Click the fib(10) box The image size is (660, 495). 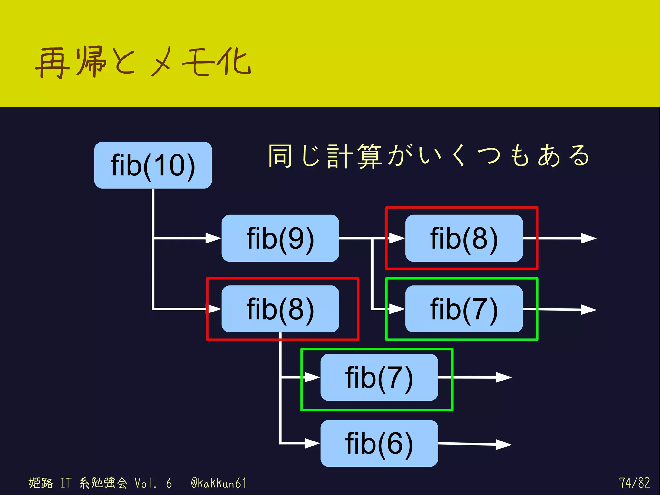point(153,165)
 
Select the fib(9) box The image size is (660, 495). point(280,238)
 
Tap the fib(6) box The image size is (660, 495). point(379,443)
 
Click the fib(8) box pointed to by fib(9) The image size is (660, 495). point(464,238)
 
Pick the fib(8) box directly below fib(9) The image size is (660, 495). point(280,309)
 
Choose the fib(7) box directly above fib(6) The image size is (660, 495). point(379,377)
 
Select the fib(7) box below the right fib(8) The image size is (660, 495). point(464,309)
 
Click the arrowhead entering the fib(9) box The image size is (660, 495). point(213,238)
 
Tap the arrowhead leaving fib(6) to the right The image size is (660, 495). point(503,444)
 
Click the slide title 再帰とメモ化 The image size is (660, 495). point(143,62)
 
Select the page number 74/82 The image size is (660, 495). point(634,482)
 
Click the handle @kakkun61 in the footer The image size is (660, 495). point(219,483)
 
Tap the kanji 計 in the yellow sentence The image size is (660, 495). point(339,156)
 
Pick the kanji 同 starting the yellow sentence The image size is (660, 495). point(280,156)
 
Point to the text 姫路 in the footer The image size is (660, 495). point(41,483)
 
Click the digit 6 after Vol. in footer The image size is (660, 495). point(169,483)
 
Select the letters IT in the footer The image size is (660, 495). point(66,483)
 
